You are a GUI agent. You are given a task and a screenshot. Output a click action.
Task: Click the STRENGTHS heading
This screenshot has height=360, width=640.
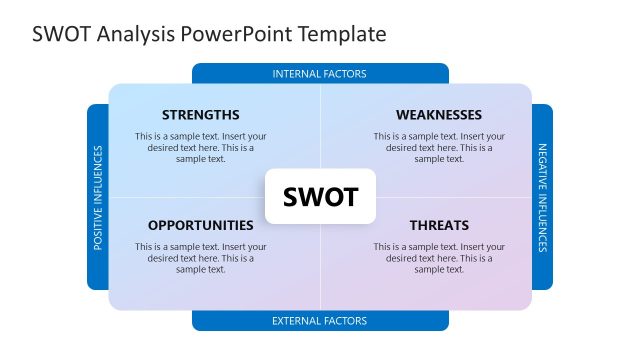[200, 115]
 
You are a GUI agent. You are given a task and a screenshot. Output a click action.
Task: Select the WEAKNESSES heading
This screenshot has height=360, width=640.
[438, 115]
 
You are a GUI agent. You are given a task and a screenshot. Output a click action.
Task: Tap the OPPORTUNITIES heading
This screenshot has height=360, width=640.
[200, 225]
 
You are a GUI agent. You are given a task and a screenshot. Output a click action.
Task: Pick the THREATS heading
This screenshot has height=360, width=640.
[438, 225]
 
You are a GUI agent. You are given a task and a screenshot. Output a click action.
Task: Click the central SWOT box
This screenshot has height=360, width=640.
[320, 197]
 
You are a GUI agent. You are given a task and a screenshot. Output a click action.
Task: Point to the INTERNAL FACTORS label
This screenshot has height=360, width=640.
[320, 74]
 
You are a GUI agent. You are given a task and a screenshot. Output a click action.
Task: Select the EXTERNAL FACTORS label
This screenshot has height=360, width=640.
[320, 321]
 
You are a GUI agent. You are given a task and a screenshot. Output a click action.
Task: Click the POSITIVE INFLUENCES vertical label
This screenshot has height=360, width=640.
[98, 197]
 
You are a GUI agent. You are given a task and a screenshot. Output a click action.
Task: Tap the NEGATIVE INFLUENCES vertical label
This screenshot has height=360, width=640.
[543, 197]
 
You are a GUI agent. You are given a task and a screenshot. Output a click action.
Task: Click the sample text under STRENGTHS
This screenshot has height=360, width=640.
[200, 147]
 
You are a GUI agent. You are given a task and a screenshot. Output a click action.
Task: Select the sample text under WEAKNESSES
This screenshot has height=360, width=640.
[438, 147]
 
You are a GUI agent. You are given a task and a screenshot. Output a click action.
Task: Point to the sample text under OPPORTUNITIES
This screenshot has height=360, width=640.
[200, 257]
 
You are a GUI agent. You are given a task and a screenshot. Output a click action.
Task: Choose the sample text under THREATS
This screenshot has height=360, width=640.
[438, 257]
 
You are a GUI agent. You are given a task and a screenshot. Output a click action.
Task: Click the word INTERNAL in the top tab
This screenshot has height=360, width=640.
[297, 74]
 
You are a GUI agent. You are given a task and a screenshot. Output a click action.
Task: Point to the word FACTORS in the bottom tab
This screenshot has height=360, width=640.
[345, 321]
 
